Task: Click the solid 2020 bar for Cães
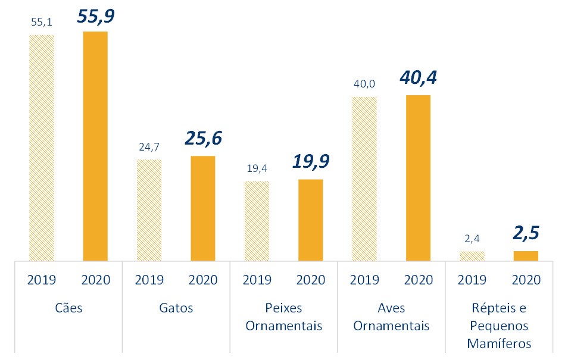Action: [95, 146]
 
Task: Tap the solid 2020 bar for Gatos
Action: [203, 208]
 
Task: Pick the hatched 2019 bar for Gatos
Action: [149, 210]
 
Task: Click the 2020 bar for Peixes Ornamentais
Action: [310, 220]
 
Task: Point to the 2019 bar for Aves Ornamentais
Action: [364, 179]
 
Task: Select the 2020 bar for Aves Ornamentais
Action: [418, 178]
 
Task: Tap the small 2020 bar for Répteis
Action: [526, 256]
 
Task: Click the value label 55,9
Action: [95, 16]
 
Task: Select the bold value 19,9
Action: [310, 162]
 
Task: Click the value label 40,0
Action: [364, 83]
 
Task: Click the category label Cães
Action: [68, 308]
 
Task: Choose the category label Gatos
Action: [176, 308]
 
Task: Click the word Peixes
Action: [283, 308]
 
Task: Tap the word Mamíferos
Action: [499, 344]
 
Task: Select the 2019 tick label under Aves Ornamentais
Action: [364, 279]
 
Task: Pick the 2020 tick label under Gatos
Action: [203, 279]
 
